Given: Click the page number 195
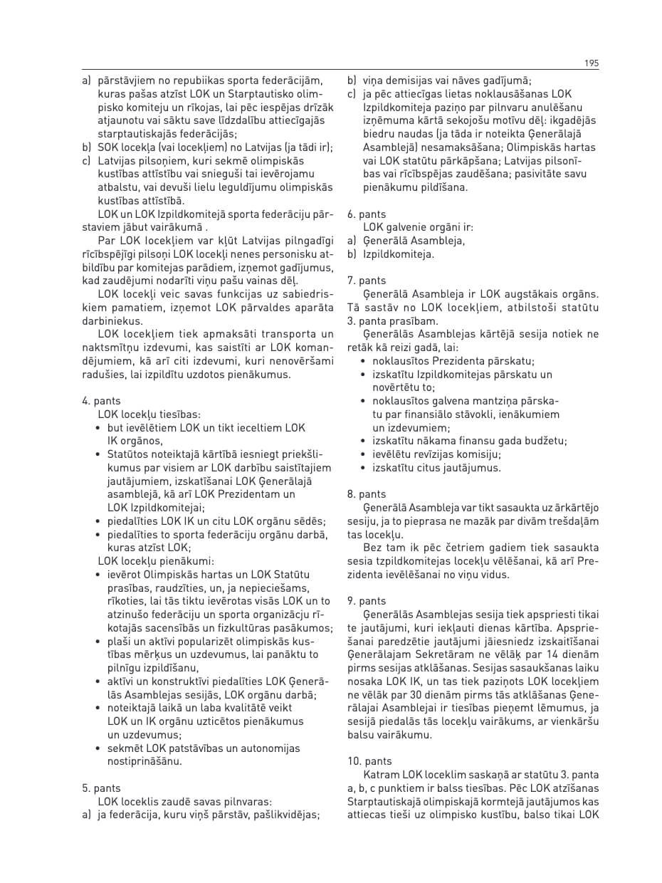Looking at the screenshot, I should (592, 63).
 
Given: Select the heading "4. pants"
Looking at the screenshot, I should (102, 401).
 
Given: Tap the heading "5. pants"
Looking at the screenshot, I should (102, 788).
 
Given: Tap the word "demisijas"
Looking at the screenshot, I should (409, 80).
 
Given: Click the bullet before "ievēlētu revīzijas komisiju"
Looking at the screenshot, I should (364, 454).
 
